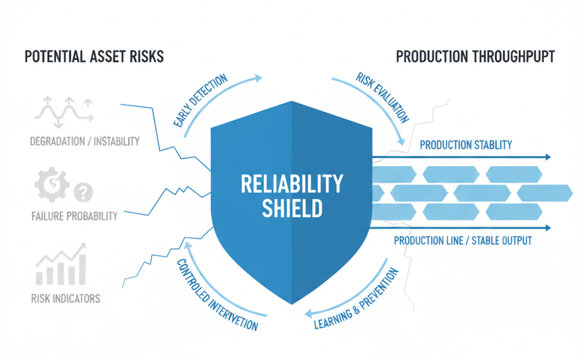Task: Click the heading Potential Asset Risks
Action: click(x=94, y=57)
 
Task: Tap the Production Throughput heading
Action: click(x=475, y=57)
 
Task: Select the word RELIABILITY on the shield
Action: click(x=292, y=184)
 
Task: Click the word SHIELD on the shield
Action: click(x=292, y=208)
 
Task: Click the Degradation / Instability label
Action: click(x=84, y=141)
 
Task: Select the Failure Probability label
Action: click(x=74, y=216)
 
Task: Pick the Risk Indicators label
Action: click(x=65, y=298)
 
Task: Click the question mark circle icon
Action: click(x=83, y=191)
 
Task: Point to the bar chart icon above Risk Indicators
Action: click(x=59, y=265)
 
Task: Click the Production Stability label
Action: click(x=465, y=145)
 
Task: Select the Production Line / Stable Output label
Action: click(x=463, y=240)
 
